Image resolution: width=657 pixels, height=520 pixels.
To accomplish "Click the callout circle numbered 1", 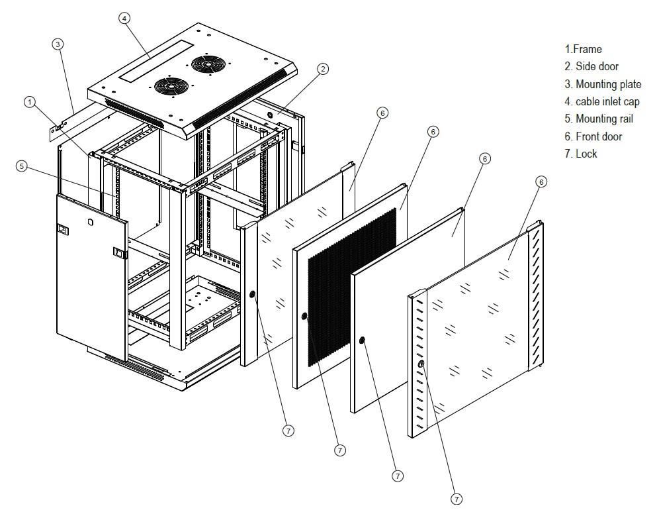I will point(29,102).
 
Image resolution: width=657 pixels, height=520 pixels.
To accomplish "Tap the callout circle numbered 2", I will point(322,69).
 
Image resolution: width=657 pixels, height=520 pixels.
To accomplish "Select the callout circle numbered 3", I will point(58,44).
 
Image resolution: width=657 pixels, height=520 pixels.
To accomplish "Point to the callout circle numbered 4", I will point(124,18).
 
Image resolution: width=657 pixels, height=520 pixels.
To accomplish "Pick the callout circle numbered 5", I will point(22,166).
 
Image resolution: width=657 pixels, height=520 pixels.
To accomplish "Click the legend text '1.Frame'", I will point(583,49).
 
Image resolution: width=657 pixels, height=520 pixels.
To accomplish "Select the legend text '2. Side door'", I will point(591,66).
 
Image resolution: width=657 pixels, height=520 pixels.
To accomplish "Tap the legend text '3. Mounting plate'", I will point(603,84).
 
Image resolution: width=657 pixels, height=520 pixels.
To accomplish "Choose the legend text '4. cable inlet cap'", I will point(601,101).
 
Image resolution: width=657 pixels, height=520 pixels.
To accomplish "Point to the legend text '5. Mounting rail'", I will point(599,119).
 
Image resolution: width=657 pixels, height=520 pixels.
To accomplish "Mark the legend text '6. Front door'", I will point(593,136).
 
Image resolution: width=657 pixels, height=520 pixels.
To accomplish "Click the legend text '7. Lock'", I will point(581,154).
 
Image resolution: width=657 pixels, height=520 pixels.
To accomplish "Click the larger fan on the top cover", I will point(208,64).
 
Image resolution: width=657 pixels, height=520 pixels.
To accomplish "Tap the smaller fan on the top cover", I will point(171,86).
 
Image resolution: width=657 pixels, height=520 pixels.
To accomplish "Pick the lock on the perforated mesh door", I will point(304,317).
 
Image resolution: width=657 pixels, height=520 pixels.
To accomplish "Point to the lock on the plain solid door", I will point(362,340).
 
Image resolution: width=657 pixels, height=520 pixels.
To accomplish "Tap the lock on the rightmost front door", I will point(421,364).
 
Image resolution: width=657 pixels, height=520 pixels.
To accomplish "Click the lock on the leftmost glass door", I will point(252,295).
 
